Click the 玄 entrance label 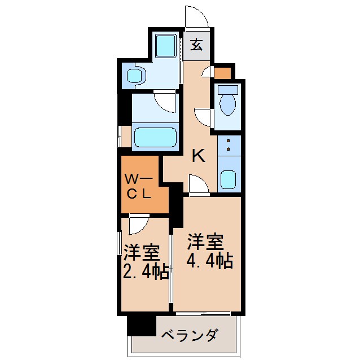[196, 45]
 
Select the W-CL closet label [139, 187]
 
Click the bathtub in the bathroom [155, 137]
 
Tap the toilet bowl [228, 104]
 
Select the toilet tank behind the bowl [228, 89]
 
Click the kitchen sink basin [229, 179]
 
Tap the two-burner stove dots [229, 144]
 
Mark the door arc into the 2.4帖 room [138, 225]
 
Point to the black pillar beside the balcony [141, 326]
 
